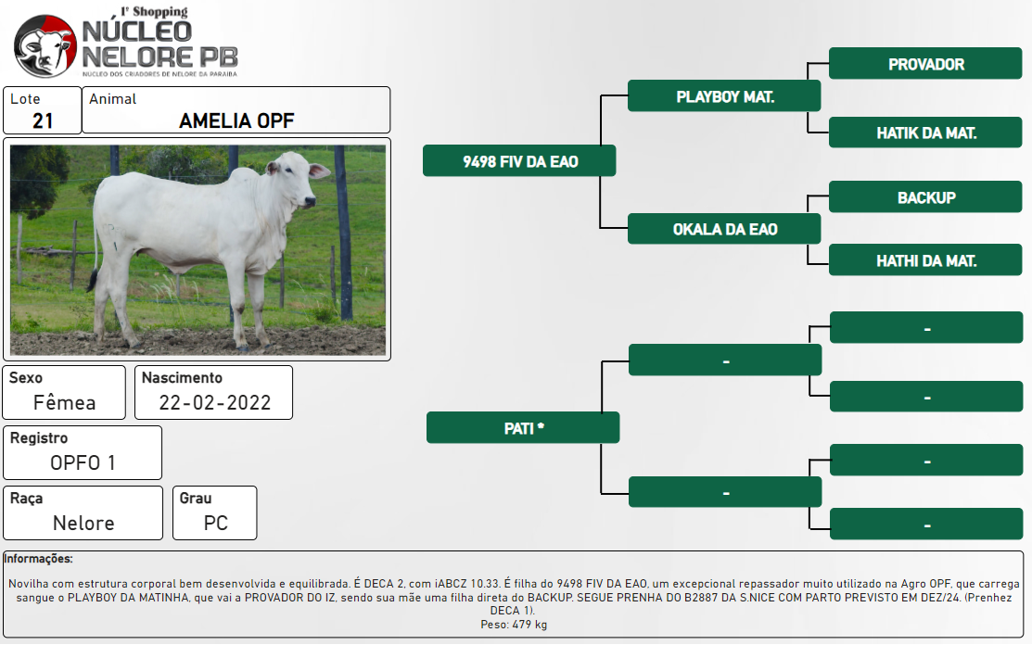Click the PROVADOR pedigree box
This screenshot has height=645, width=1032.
tap(925, 64)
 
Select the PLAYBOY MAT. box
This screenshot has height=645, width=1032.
tap(725, 96)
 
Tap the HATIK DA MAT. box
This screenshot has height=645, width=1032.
tap(925, 133)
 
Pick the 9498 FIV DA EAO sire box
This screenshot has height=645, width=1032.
tap(519, 161)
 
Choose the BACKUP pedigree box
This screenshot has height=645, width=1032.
tap(925, 197)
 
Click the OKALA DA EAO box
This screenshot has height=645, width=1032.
tap(725, 229)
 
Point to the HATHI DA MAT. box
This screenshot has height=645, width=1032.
tap(925, 260)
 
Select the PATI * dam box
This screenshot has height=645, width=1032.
tap(523, 428)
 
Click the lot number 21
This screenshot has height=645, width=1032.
tap(43, 121)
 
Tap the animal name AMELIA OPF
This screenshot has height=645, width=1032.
tap(236, 121)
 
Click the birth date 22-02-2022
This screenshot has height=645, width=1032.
tap(214, 402)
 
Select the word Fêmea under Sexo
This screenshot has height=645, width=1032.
tap(65, 402)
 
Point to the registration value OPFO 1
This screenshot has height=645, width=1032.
tap(83, 462)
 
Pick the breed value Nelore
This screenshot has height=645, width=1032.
tap(83, 524)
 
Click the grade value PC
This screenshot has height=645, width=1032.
tap(215, 524)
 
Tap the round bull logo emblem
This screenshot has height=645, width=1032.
tap(45, 46)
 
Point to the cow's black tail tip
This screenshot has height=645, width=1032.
tap(92, 280)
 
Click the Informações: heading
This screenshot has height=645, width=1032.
tap(38, 559)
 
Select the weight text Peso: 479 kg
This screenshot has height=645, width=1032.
tap(514, 625)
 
